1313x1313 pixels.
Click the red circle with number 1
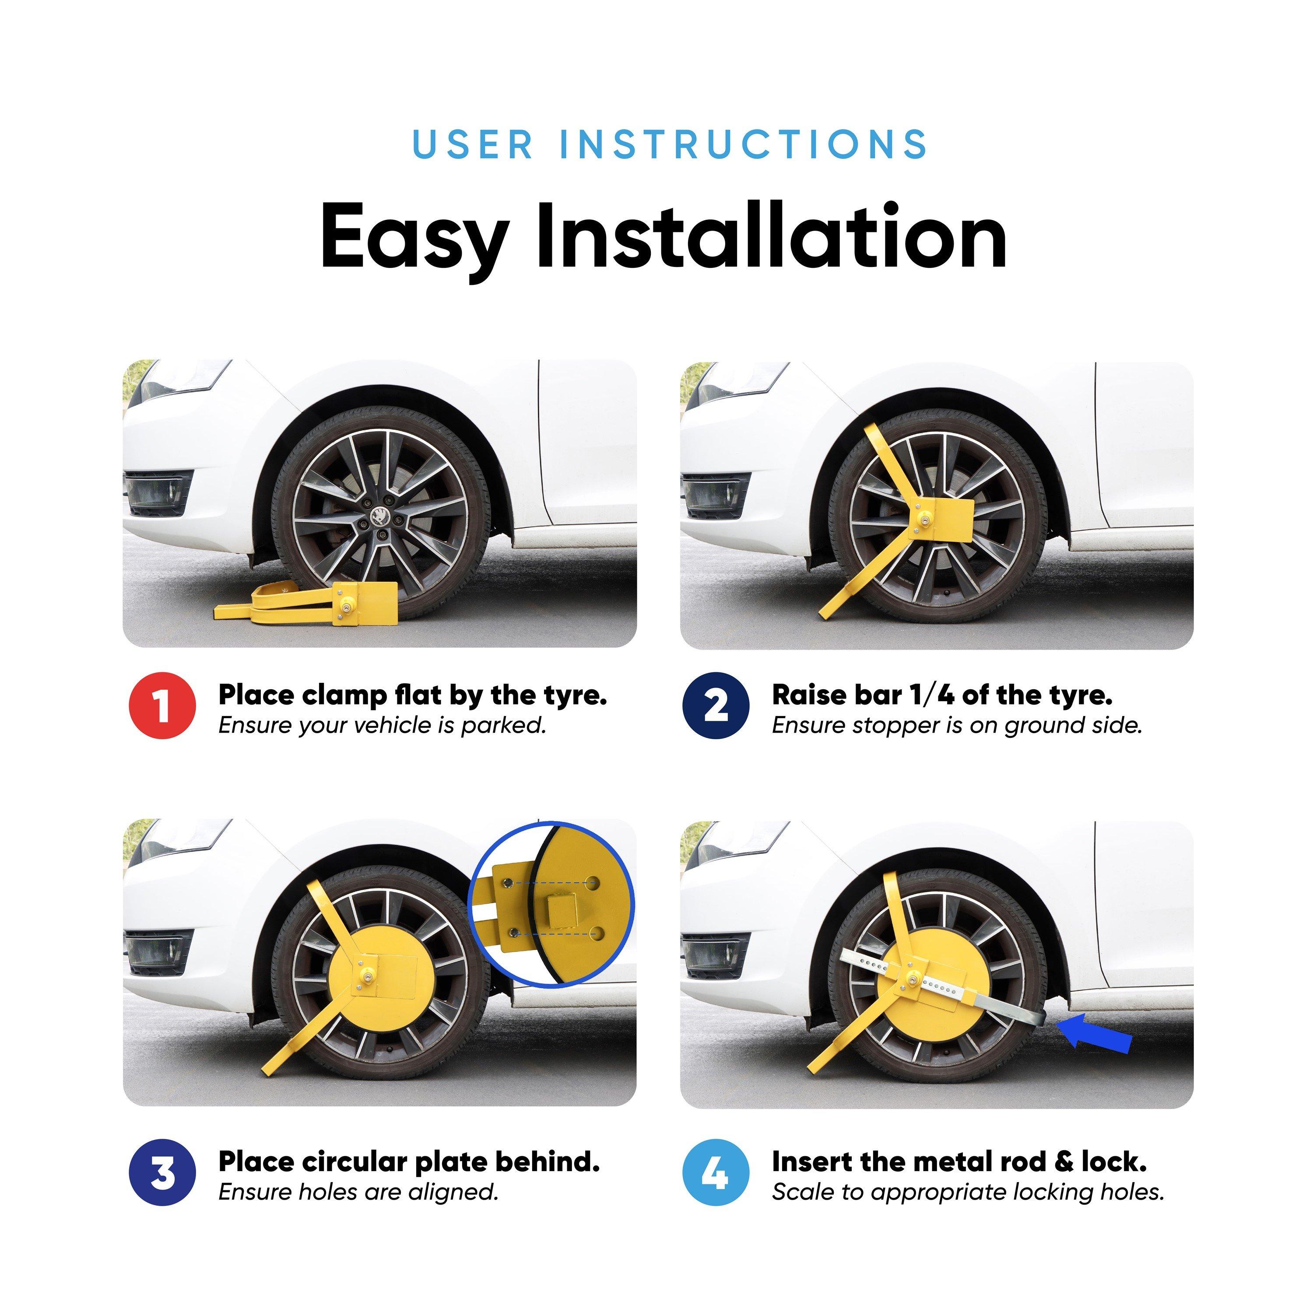click(162, 706)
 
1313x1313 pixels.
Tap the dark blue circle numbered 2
click(716, 706)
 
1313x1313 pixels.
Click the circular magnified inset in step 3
click(551, 905)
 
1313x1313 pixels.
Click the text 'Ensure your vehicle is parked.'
click(383, 726)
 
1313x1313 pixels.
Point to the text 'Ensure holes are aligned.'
click(358, 1192)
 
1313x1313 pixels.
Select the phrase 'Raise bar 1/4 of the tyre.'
click(942, 695)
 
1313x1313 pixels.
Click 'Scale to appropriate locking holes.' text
click(968, 1192)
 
